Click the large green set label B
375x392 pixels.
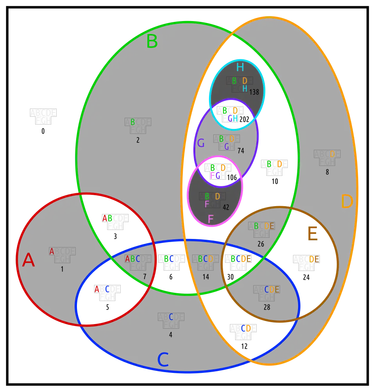(x=152, y=41)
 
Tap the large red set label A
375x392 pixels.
(x=29, y=260)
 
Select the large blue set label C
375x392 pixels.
(x=163, y=360)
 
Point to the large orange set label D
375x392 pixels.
(x=347, y=202)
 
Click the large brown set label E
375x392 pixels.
(x=312, y=235)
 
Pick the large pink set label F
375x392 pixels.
(x=211, y=219)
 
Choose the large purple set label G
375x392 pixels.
(x=201, y=143)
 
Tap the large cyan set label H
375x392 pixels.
(x=240, y=68)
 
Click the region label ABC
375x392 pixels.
(x=132, y=259)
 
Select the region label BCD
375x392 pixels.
(x=205, y=259)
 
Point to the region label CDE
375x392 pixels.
(x=272, y=290)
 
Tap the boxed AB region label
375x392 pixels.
(x=107, y=218)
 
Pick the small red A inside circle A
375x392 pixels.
(x=52, y=252)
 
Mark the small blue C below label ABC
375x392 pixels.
(x=171, y=317)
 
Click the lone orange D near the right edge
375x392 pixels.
(x=332, y=154)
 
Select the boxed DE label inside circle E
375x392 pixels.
(x=314, y=259)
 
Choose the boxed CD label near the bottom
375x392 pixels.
(x=246, y=328)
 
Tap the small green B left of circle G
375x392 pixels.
(x=132, y=122)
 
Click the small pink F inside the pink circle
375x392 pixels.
(x=207, y=204)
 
